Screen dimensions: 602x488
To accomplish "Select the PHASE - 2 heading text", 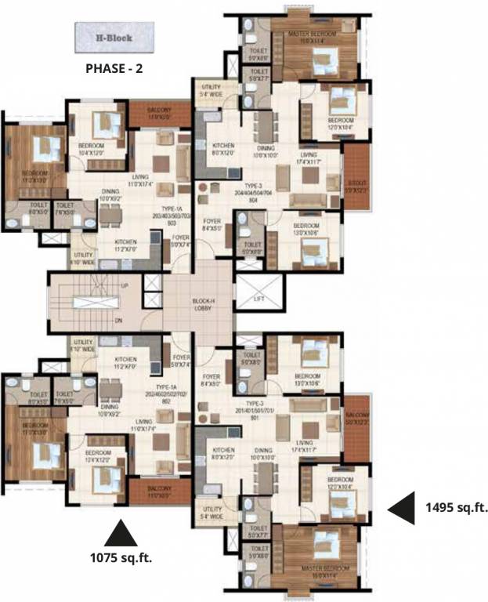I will click(x=114, y=68).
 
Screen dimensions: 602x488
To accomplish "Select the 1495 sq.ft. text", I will click(x=455, y=508).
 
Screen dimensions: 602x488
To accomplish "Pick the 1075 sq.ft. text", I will click(x=120, y=558).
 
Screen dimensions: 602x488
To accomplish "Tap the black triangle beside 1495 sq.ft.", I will click(x=403, y=509).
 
